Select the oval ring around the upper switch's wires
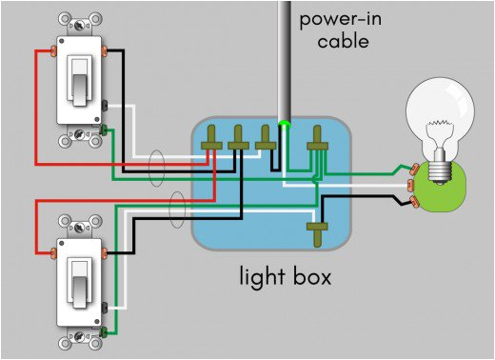pos(157,170)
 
